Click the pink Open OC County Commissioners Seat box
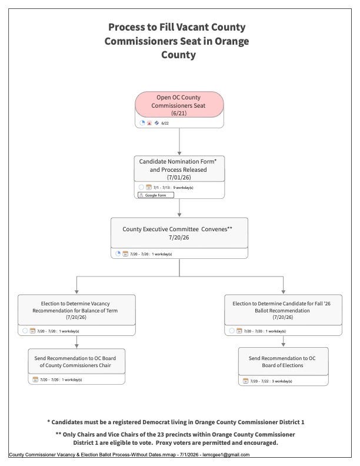click(x=179, y=104)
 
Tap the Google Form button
click(x=156, y=195)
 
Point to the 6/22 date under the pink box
click(x=165, y=123)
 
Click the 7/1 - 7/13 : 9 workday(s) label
click(x=173, y=188)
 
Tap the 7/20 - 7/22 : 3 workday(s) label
click(x=271, y=381)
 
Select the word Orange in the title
click(x=232, y=41)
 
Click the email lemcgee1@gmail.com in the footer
click(x=226, y=454)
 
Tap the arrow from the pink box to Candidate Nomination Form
click(x=179, y=141)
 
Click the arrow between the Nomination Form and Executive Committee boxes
click(x=179, y=208)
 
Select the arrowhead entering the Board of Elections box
click(x=284, y=345)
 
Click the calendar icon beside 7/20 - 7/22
click(x=245, y=381)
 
